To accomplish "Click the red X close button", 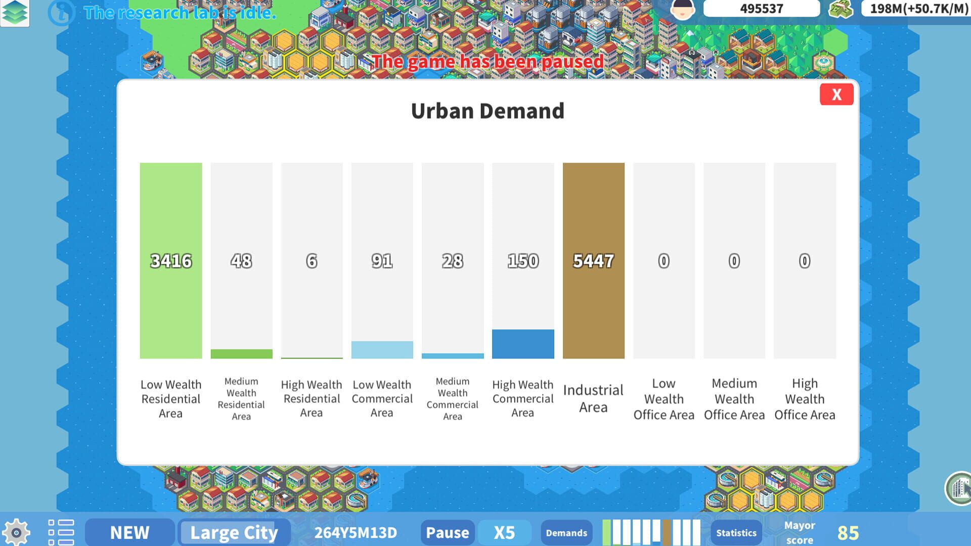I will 836,95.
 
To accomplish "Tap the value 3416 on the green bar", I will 171,261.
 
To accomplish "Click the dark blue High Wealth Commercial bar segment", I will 523,344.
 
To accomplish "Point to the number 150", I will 523,261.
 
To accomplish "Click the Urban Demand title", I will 488,111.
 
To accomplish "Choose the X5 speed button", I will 504,532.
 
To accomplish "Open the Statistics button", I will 736,533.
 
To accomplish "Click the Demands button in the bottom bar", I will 566,533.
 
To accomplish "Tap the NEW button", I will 129,532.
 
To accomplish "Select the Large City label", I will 234,532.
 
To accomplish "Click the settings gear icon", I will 16,532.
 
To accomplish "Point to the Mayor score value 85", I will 848,533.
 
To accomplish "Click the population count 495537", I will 761,9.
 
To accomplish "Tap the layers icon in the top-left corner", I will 15,12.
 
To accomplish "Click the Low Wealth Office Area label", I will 664,399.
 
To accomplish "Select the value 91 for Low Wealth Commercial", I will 382,261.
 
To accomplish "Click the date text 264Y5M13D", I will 356,532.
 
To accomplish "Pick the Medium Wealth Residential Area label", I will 241,399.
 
